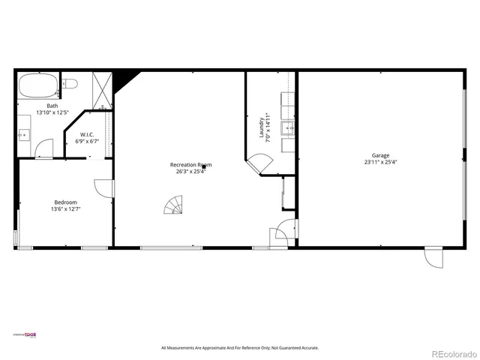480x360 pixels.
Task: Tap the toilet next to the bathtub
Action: click(68, 84)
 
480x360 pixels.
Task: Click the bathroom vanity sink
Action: click(22, 135)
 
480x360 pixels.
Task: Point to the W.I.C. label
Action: click(87, 135)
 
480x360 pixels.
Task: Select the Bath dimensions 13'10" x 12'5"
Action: click(52, 112)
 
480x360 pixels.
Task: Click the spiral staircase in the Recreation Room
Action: click(173, 203)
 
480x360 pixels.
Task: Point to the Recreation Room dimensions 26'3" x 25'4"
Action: click(190, 171)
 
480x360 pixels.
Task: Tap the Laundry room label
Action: click(262, 127)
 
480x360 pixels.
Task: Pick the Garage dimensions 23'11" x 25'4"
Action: click(380, 162)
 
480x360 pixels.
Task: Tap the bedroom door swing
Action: click(103, 188)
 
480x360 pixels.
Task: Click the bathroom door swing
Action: click(46, 150)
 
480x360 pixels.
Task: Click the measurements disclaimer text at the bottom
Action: click(240, 348)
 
